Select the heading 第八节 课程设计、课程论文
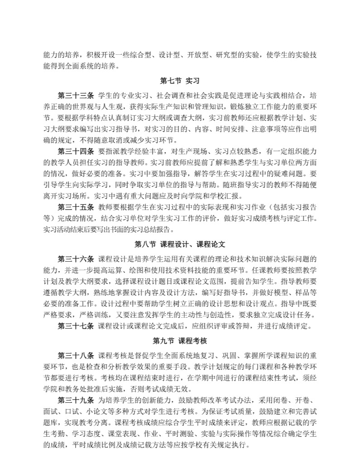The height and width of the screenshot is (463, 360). (x=180, y=244)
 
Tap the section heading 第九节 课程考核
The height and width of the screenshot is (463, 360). (x=180, y=340)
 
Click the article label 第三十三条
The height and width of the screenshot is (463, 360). (x=76, y=96)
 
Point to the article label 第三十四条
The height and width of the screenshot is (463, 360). (x=76, y=151)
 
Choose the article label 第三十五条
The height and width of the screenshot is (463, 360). (x=76, y=207)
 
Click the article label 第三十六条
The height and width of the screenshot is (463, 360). (x=76, y=259)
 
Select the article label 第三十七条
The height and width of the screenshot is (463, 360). (x=76, y=325)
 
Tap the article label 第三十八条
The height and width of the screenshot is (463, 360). (x=76, y=356)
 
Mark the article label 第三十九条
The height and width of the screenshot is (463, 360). (x=76, y=401)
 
